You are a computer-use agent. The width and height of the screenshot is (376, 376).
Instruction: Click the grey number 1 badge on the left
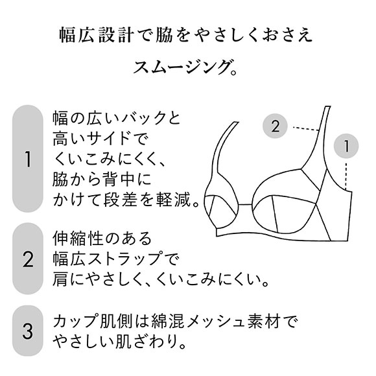[27, 158]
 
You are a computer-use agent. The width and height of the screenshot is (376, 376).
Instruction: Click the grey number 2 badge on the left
[27, 260]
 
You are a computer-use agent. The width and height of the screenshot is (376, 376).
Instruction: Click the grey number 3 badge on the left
[27, 331]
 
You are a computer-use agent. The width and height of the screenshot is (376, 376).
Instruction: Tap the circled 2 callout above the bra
[275, 126]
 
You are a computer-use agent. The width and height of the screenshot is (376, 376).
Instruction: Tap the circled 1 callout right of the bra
[347, 147]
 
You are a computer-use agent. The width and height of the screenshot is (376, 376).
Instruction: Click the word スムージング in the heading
[181, 67]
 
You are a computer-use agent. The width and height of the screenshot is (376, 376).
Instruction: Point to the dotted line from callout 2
[304, 127]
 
